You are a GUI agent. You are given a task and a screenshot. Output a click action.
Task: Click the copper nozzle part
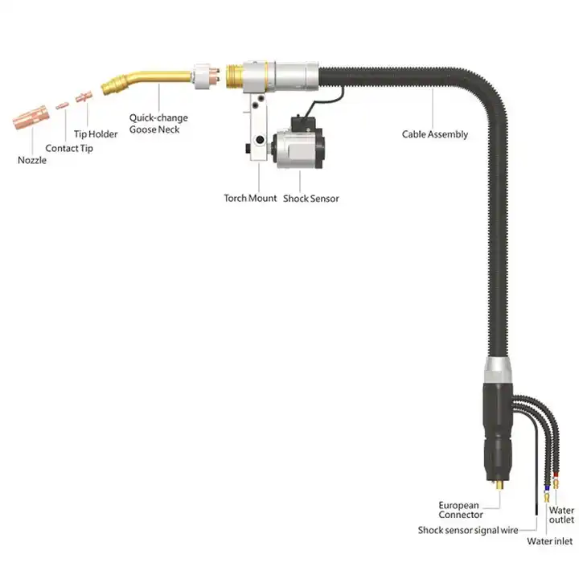click(x=31, y=117)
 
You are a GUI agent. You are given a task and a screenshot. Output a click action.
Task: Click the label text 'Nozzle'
click(x=32, y=160)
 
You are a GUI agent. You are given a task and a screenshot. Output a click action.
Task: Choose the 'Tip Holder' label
click(x=96, y=134)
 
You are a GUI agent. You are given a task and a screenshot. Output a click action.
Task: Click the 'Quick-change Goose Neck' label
click(x=160, y=123)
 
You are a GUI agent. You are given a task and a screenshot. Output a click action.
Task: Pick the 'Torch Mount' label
click(x=250, y=198)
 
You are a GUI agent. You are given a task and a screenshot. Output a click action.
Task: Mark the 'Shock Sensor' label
click(x=310, y=198)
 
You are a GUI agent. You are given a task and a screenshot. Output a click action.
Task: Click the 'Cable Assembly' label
click(x=434, y=134)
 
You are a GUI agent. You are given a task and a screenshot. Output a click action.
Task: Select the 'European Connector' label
click(x=461, y=510)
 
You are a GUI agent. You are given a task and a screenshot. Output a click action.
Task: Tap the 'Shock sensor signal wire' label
click(x=466, y=530)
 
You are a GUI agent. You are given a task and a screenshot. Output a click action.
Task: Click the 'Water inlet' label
click(x=550, y=541)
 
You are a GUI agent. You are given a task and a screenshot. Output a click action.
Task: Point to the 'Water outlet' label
click(x=562, y=515)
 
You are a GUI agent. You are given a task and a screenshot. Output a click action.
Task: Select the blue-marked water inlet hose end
click(x=547, y=487)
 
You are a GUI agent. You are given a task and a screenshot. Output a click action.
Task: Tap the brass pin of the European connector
click(x=502, y=488)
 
